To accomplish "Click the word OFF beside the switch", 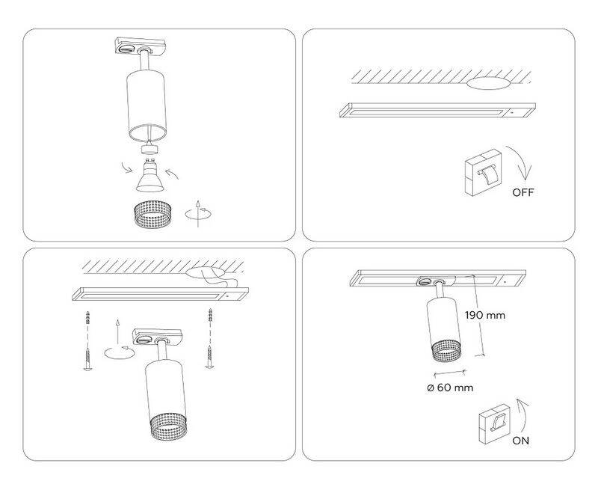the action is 523,192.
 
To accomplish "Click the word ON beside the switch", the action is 520,441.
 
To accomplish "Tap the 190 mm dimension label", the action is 484,315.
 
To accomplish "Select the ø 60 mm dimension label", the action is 450,388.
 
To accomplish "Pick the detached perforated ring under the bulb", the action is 153,214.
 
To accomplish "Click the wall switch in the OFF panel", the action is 483,173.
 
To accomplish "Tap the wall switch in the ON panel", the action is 495,423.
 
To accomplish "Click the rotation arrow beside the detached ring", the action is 198,214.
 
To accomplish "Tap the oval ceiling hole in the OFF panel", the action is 489,84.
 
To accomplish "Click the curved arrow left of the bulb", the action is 127,167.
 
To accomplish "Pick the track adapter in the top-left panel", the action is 141,46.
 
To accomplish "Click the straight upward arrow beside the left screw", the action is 118,332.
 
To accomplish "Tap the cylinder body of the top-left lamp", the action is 147,104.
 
